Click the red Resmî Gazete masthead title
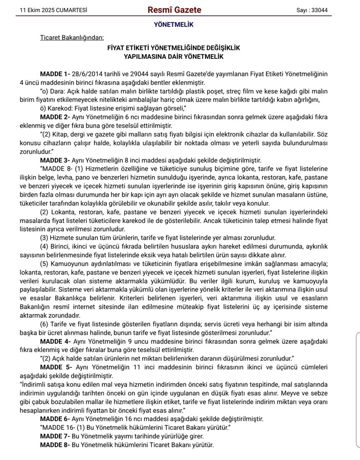[x=174, y=10]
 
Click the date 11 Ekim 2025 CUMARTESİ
[x=46, y=10]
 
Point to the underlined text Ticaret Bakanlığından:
[x=72, y=37]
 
